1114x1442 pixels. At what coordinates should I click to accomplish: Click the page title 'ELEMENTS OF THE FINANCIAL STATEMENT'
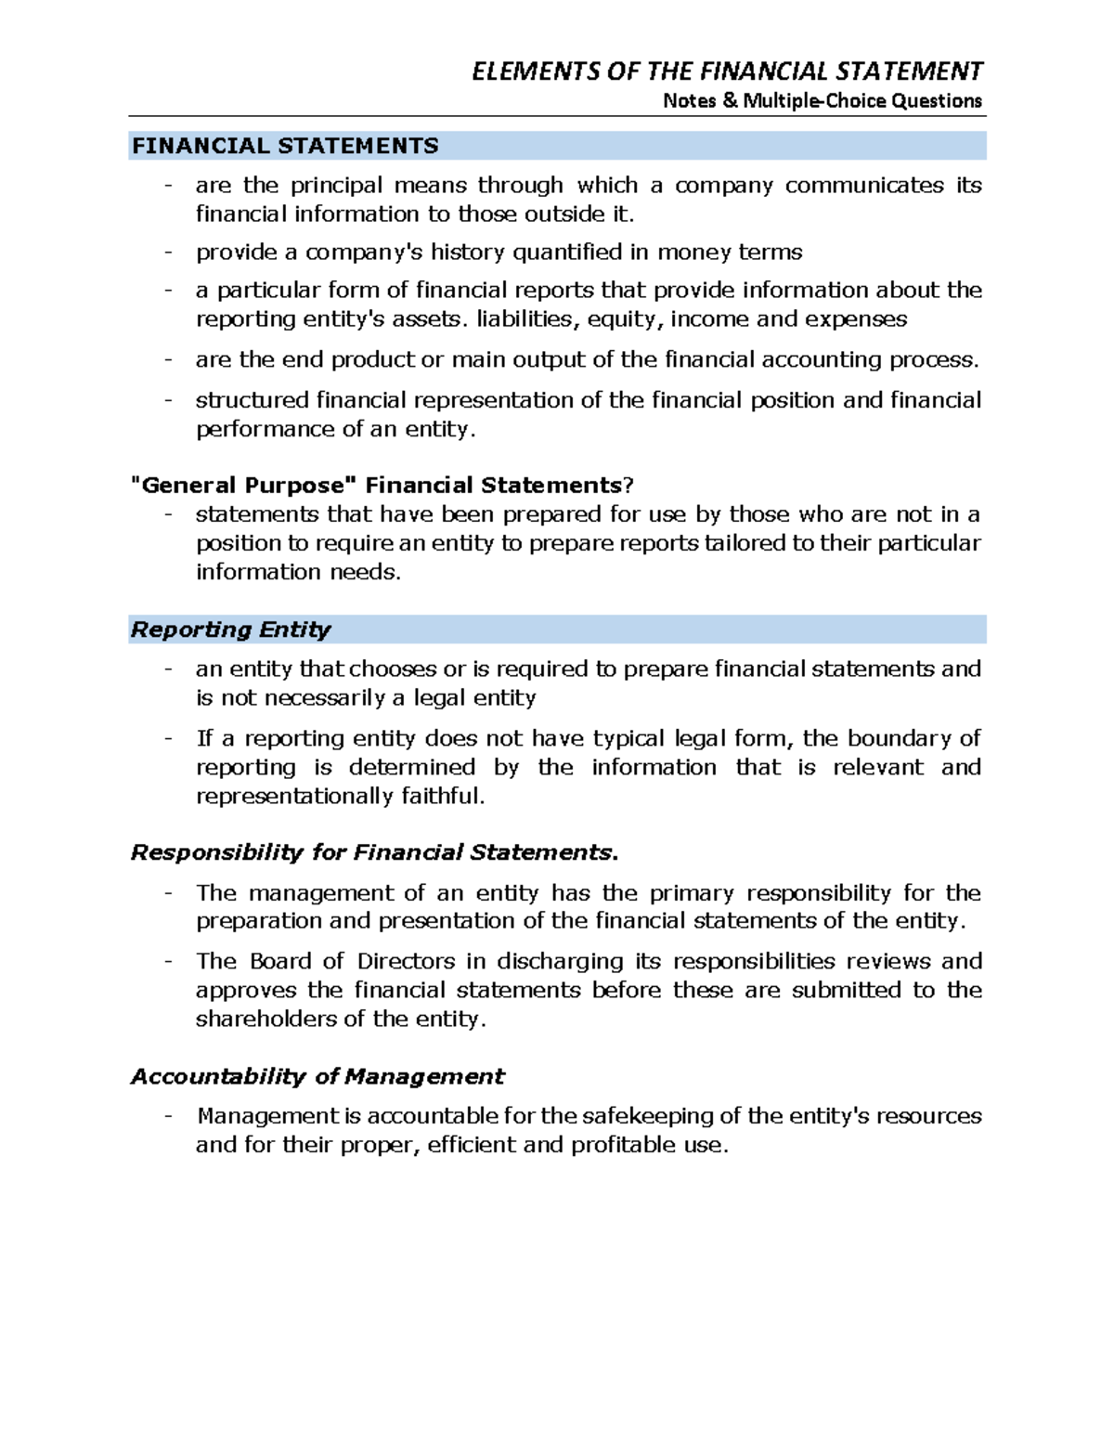coord(727,71)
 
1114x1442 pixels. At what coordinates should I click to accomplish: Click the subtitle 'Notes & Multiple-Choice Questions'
coord(822,100)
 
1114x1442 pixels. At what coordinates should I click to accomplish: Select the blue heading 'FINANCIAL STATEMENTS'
coord(285,146)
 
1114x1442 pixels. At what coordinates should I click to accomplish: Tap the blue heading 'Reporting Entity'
coord(230,630)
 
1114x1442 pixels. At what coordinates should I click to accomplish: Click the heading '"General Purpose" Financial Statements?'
coord(382,485)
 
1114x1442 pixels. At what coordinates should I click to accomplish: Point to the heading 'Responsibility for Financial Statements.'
coord(373,852)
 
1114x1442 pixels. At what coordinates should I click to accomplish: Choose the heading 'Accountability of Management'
coord(317,1076)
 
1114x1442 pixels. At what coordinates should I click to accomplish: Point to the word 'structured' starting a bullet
coord(253,400)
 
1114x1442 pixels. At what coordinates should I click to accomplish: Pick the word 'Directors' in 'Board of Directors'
coord(406,961)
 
